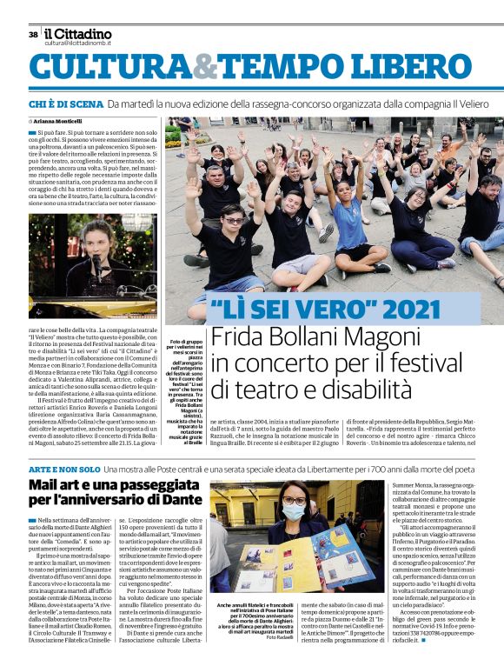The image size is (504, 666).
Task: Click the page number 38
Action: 33,35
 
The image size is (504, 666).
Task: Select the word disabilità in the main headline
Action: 368,388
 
